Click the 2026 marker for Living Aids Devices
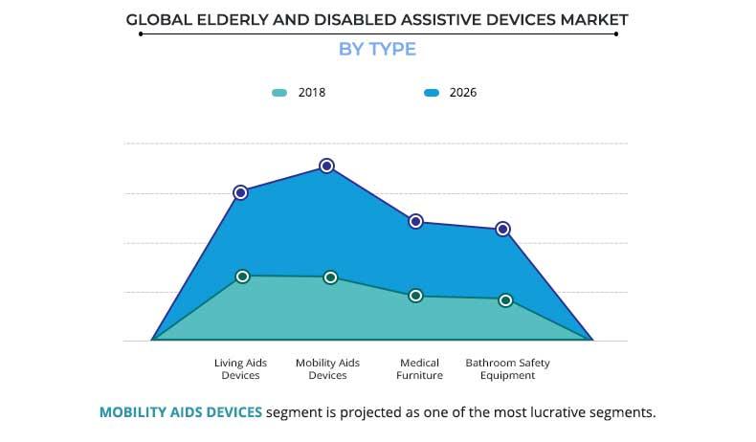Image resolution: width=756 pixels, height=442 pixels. [x=240, y=192]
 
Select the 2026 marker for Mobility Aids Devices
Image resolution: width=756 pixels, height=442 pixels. [x=326, y=166]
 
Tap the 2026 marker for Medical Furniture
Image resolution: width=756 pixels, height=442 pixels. [x=416, y=221]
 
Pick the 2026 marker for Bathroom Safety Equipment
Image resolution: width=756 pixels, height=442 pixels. [x=503, y=229]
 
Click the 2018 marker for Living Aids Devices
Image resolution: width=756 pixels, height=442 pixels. [x=242, y=276]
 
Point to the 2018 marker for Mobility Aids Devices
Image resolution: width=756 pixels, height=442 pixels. [x=330, y=277]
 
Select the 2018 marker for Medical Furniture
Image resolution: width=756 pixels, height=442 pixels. [x=415, y=296]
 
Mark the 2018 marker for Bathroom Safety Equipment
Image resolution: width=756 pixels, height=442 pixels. [x=505, y=300]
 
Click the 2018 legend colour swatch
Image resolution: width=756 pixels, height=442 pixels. [x=279, y=93]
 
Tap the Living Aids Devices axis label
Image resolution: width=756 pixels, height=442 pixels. [x=240, y=369]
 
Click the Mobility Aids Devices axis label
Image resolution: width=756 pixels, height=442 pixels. [x=328, y=369]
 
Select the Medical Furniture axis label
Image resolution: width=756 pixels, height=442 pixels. [x=419, y=369]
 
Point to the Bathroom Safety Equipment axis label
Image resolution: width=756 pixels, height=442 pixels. [x=508, y=369]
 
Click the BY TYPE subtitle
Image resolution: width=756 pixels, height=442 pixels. [x=378, y=49]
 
